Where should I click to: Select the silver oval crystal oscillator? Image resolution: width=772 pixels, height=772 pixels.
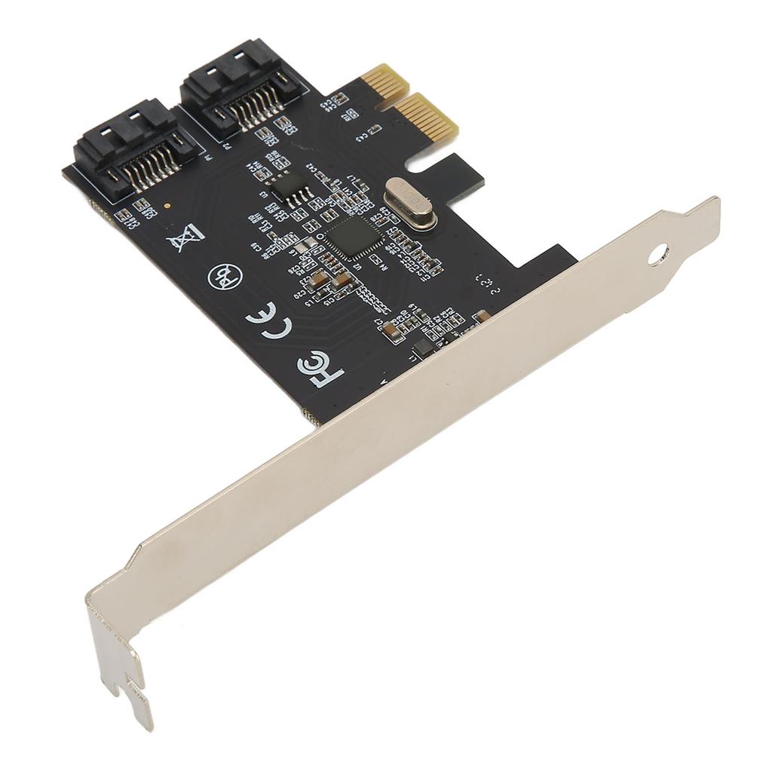click(410, 202)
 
